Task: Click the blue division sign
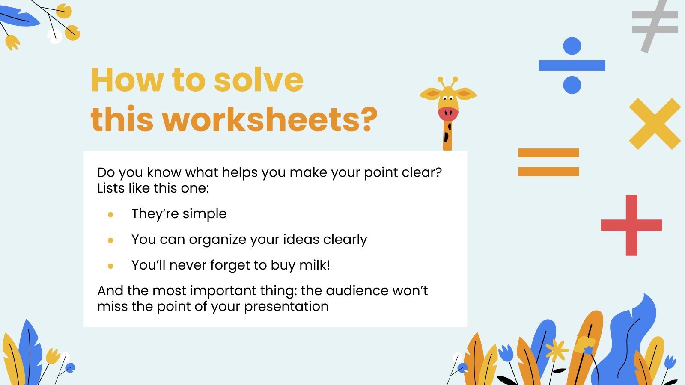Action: click(x=572, y=65)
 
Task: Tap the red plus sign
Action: click(x=631, y=225)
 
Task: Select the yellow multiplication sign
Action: click(x=655, y=124)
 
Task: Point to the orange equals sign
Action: click(x=548, y=162)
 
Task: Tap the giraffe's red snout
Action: click(x=448, y=113)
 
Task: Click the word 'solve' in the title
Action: click(x=259, y=80)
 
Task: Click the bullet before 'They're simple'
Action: click(x=110, y=215)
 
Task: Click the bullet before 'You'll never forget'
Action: click(x=110, y=266)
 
